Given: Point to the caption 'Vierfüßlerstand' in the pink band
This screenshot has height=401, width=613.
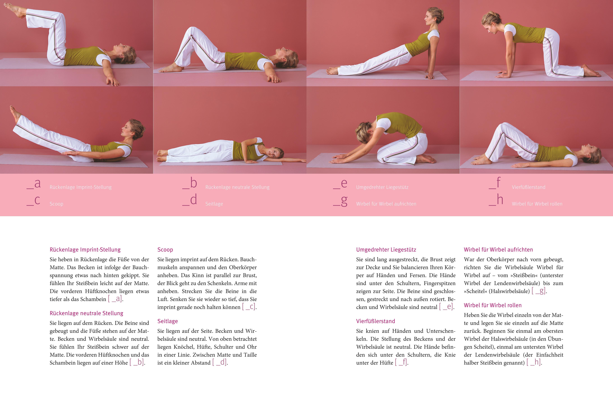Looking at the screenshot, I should (x=529, y=187).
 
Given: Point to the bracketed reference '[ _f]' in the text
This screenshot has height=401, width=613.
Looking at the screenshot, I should (x=402, y=362).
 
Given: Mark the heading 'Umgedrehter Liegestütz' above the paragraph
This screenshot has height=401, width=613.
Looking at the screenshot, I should (x=386, y=250).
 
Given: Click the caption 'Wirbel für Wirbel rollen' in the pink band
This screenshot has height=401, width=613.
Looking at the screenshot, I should (x=537, y=204).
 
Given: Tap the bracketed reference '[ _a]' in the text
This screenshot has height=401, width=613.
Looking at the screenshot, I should (x=115, y=299).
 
